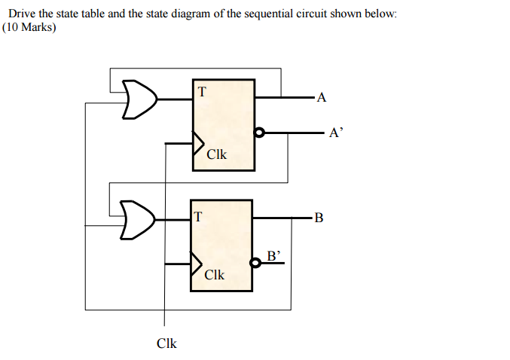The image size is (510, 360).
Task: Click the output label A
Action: coord(322,96)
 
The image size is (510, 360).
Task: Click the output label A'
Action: coord(336,133)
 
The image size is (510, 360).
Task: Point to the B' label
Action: coord(274,255)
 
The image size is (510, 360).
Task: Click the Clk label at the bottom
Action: coord(166,343)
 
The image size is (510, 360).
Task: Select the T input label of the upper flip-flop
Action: coord(201,92)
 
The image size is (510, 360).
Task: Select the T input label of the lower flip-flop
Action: coord(198,217)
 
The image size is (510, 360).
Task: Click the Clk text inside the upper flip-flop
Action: coord(216,154)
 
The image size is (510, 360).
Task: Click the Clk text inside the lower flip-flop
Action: coord(215,275)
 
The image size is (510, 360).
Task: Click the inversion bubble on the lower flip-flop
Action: coord(257,264)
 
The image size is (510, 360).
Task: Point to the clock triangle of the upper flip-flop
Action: coord(199,141)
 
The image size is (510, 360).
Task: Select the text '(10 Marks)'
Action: coord(29,27)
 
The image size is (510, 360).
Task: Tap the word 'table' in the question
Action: coord(75,14)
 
